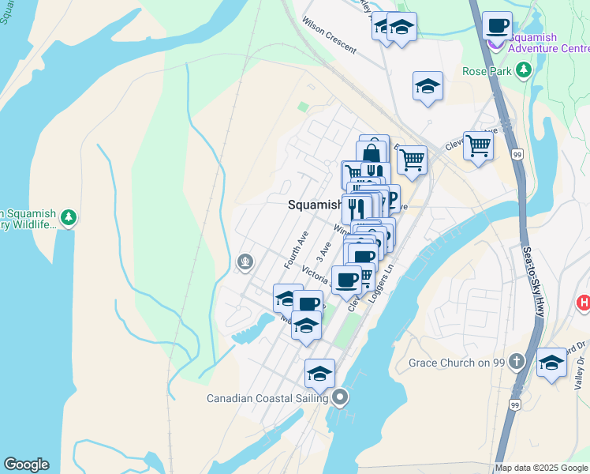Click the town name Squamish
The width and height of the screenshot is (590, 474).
coord(314,204)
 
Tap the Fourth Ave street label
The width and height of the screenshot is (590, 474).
coord(296,248)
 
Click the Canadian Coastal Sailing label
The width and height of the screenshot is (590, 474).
coord(267,398)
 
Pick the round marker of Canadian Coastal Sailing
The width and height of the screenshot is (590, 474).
coord(340,397)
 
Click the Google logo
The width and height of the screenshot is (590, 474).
coord(25,465)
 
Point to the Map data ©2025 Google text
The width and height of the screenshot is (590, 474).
coord(542,468)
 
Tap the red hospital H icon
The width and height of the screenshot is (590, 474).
coord(584,302)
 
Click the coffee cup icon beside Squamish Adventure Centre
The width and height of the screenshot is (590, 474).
coord(497,25)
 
